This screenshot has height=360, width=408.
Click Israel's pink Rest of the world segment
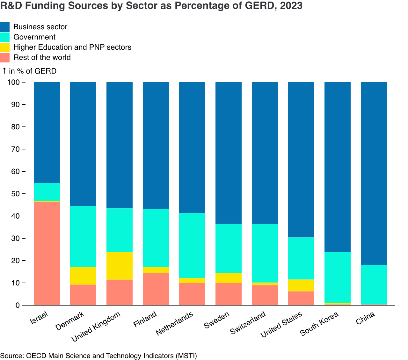pos(47,254)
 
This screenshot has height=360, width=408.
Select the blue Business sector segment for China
pos(374,174)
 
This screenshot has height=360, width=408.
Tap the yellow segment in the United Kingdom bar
pos(120,266)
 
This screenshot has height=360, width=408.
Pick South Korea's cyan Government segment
pos(337,277)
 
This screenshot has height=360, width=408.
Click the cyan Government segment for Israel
pos(47,192)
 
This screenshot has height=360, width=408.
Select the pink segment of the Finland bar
pos(156,289)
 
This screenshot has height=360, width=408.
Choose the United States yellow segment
pos(301,285)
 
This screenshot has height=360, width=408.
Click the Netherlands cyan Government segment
pos(192,245)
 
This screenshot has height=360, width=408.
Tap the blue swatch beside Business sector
pos(5,27)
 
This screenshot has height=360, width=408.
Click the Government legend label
pos(34,37)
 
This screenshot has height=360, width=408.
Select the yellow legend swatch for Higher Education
pos(5,47)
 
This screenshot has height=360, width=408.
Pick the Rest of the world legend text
pos(42,57)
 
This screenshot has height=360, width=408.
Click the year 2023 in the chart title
pos(291,6)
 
